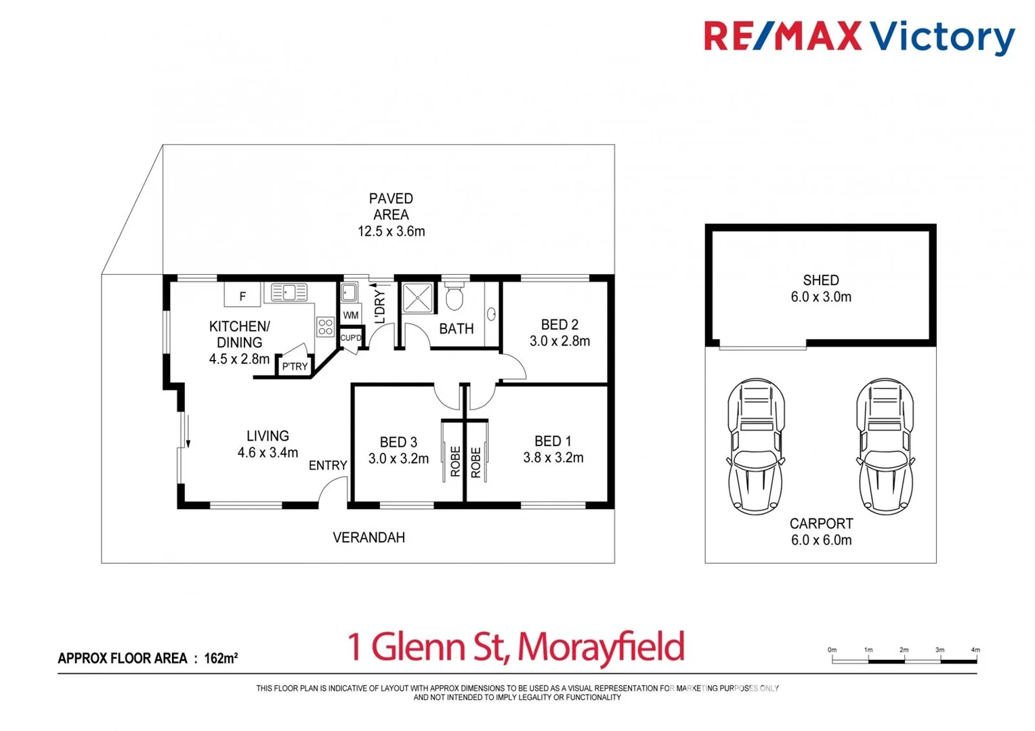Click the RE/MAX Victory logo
click(859, 37)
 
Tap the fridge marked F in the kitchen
click(242, 296)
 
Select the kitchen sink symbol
click(289, 292)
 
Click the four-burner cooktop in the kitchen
click(325, 327)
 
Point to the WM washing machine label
click(350, 315)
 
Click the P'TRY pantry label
click(295, 366)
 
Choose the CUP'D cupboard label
click(351, 338)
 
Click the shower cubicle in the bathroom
click(417, 298)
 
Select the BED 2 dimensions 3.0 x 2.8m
click(559, 341)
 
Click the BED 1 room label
click(553, 441)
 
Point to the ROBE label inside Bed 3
click(455, 461)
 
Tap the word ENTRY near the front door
click(328, 466)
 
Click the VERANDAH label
click(368, 537)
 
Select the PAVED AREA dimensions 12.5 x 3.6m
click(392, 231)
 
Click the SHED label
click(821, 280)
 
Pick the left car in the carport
click(756, 446)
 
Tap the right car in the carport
click(885, 446)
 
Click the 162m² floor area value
click(221, 658)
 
